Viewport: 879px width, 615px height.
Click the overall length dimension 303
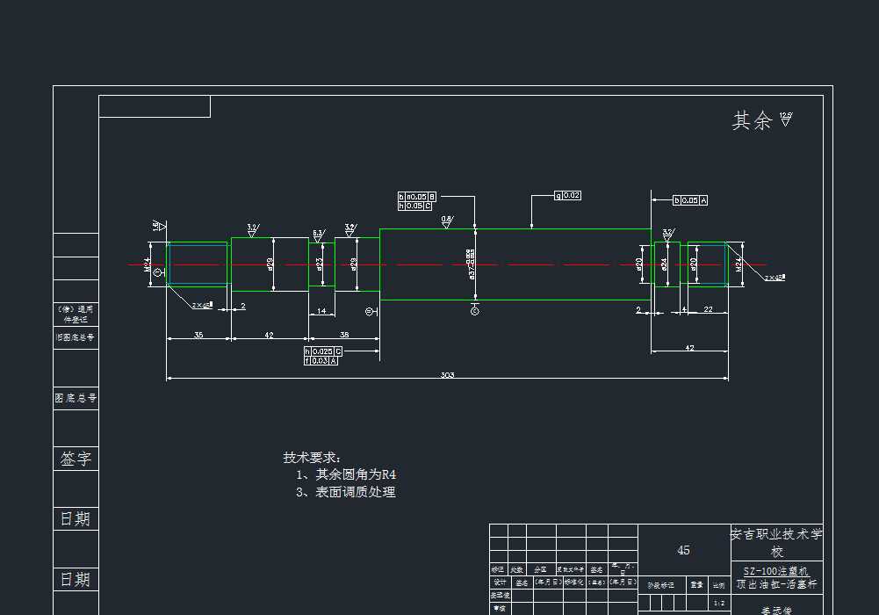tap(447, 375)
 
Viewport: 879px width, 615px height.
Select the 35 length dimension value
tap(198, 335)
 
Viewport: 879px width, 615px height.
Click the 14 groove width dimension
tap(321, 311)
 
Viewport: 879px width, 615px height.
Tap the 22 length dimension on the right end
tap(708, 309)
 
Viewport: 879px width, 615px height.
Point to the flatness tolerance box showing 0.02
tap(567, 195)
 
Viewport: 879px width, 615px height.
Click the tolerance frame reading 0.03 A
tap(321, 360)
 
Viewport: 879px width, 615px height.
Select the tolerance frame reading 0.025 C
tap(323, 351)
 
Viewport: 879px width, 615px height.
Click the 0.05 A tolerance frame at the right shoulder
tap(690, 200)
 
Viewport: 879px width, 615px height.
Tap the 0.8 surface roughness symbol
tap(446, 221)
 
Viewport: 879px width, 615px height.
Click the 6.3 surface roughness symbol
tap(318, 235)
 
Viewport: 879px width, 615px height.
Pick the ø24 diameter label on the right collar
tap(664, 263)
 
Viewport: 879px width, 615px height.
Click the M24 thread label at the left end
tap(148, 263)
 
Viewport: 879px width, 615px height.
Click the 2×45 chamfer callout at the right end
tap(775, 278)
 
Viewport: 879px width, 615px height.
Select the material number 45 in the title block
tap(683, 550)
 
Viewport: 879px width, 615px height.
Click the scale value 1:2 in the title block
tap(719, 603)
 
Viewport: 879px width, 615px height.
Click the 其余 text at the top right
tap(752, 121)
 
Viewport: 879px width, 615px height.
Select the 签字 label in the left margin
tap(76, 459)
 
